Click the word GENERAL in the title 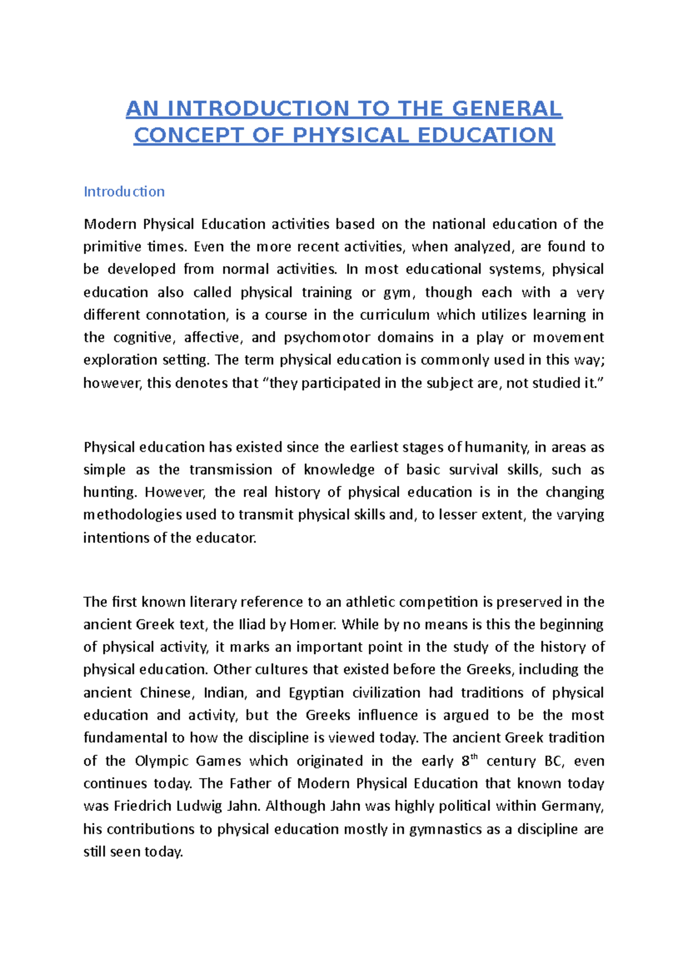coord(507,108)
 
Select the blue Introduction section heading coord(124,191)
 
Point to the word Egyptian coord(316,693)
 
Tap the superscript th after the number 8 coord(474,757)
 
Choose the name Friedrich coord(143,806)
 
